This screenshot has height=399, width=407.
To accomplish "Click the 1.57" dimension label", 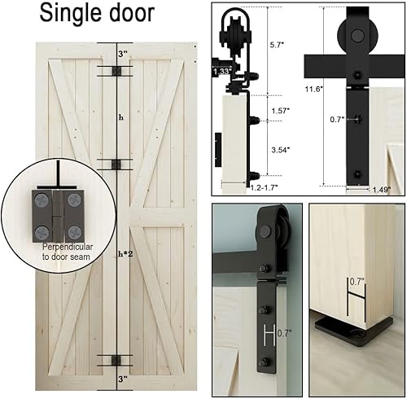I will pyautogui.click(x=279, y=110).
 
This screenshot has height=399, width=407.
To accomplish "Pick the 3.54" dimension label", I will pyautogui.click(x=279, y=149).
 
